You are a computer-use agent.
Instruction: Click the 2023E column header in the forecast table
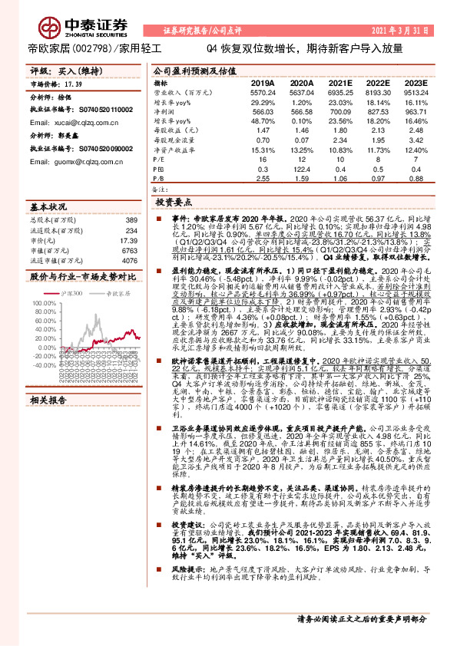click(415, 82)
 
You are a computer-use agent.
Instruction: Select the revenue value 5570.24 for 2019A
click(263, 91)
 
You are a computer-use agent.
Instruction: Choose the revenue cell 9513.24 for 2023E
click(416, 91)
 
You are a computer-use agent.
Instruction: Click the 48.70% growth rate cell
click(263, 120)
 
